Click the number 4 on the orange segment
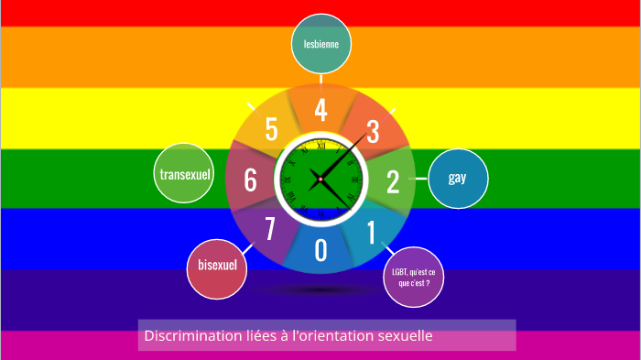pos(320,110)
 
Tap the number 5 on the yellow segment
pos(271,130)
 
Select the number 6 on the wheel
pos(250,180)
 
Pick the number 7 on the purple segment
pos(270,228)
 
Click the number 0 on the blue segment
pos(320,249)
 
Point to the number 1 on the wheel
pos(371,233)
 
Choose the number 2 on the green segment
pos(392,181)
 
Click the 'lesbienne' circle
pos(321,43)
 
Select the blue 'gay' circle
pos(458,178)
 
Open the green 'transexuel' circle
pos(185,174)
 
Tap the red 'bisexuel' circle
pos(217,266)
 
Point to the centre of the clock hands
pos(320,178)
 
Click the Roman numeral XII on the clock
pos(320,145)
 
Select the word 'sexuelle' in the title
pos(404,336)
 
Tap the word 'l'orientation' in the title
pos(333,336)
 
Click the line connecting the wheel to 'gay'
pos(421,179)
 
